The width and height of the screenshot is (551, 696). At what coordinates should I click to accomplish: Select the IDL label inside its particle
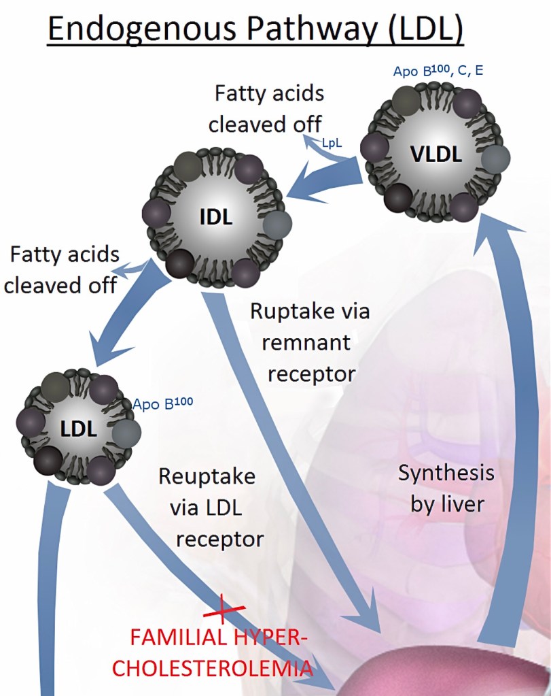point(216,218)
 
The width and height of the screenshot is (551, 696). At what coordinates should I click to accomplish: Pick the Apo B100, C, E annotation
point(438,71)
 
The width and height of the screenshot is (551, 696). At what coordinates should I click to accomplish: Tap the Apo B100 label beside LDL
point(162,404)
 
